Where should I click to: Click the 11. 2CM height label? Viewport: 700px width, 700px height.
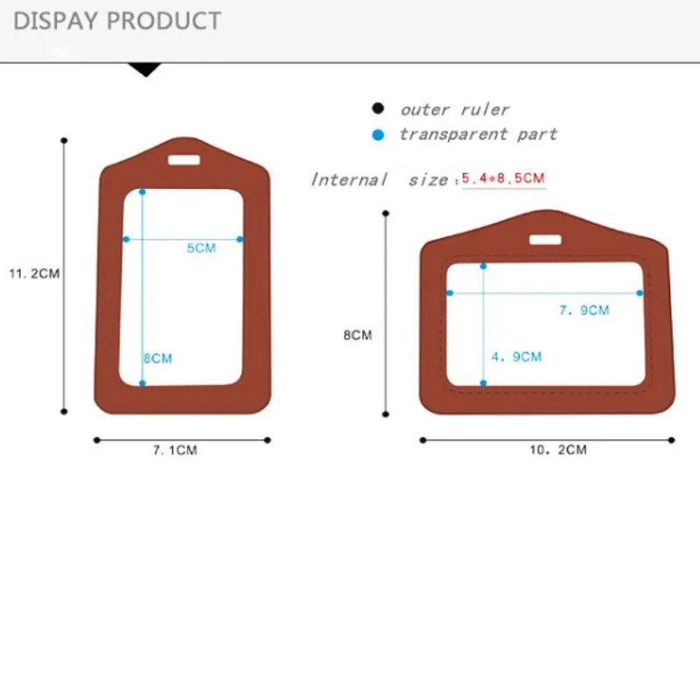click(35, 274)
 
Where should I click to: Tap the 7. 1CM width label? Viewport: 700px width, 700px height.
click(175, 450)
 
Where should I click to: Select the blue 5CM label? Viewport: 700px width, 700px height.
click(201, 248)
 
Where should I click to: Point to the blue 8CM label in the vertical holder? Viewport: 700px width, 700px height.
click(158, 359)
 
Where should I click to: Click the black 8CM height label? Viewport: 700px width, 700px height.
click(358, 335)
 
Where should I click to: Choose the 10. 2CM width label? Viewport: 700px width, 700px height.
click(558, 450)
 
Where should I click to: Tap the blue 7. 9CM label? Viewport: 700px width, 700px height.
click(584, 311)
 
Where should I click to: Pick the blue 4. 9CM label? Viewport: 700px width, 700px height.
click(516, 357)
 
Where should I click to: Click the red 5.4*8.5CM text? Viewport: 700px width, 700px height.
click(504, 178)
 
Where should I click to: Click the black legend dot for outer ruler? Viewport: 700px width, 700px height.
click(378, 108)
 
